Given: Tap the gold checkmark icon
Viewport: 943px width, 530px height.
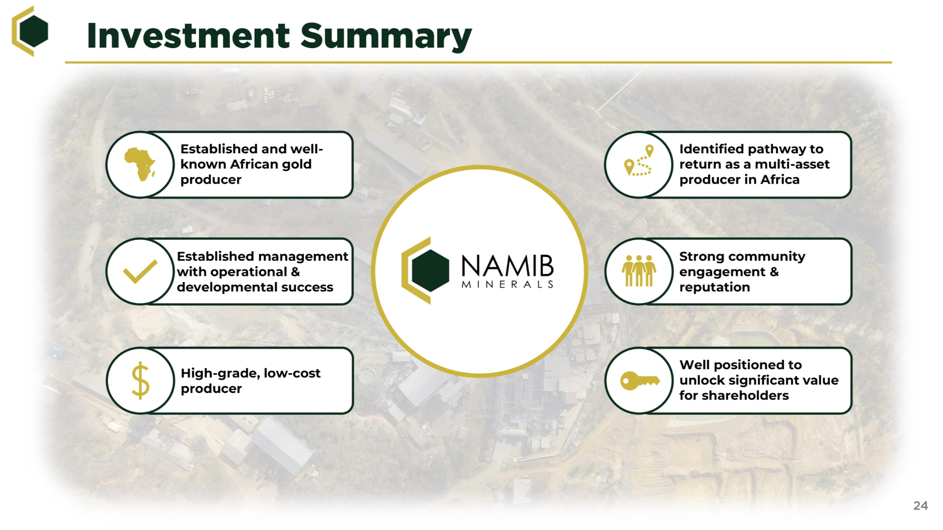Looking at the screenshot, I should [x=140, y=271].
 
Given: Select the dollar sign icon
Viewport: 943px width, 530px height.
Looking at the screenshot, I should [x=140, y=380].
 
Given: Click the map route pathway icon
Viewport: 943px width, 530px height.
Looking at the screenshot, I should [x=639, y=161].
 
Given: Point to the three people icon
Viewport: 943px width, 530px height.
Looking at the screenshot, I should [x=639, y=271].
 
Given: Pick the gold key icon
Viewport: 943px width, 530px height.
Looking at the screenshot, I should [x=639, y=381].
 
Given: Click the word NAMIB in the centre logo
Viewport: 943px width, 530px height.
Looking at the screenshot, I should [x=507, y=266].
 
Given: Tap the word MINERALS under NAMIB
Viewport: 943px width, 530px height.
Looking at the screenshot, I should [x=507, y=284].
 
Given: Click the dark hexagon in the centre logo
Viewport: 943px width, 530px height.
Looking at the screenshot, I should [x=430, y=270].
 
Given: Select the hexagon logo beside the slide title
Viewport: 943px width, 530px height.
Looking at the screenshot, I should [x=31, y=31].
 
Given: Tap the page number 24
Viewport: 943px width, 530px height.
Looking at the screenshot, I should [x=920, y=506].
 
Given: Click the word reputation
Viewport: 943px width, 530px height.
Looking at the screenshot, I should [x=714, y=287].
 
